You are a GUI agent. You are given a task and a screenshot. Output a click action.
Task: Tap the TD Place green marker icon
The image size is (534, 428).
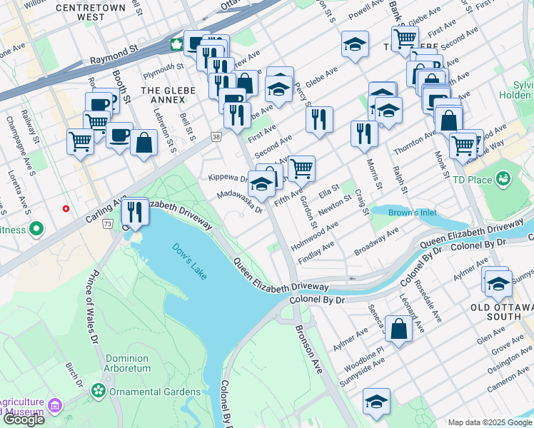[x=503, y=177]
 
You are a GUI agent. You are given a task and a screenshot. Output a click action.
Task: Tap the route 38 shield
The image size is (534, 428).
[x=216, y=136]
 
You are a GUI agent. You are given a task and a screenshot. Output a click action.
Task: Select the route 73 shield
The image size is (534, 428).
[x=107, y=224]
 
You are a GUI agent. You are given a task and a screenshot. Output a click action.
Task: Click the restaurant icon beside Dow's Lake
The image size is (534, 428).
[x=133, y=211]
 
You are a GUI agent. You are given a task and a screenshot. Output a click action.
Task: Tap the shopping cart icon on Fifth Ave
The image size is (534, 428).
[x=301, y=168]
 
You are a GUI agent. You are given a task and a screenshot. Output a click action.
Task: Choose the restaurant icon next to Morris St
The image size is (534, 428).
[x=364, y=133]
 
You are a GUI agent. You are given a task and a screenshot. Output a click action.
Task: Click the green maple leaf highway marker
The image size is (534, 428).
[x=176, y=45]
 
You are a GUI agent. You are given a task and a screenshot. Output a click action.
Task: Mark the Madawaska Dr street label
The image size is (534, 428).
[x=240, y=203]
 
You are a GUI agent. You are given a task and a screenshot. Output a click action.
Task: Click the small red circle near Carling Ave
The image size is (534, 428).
[x=66, y=209]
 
